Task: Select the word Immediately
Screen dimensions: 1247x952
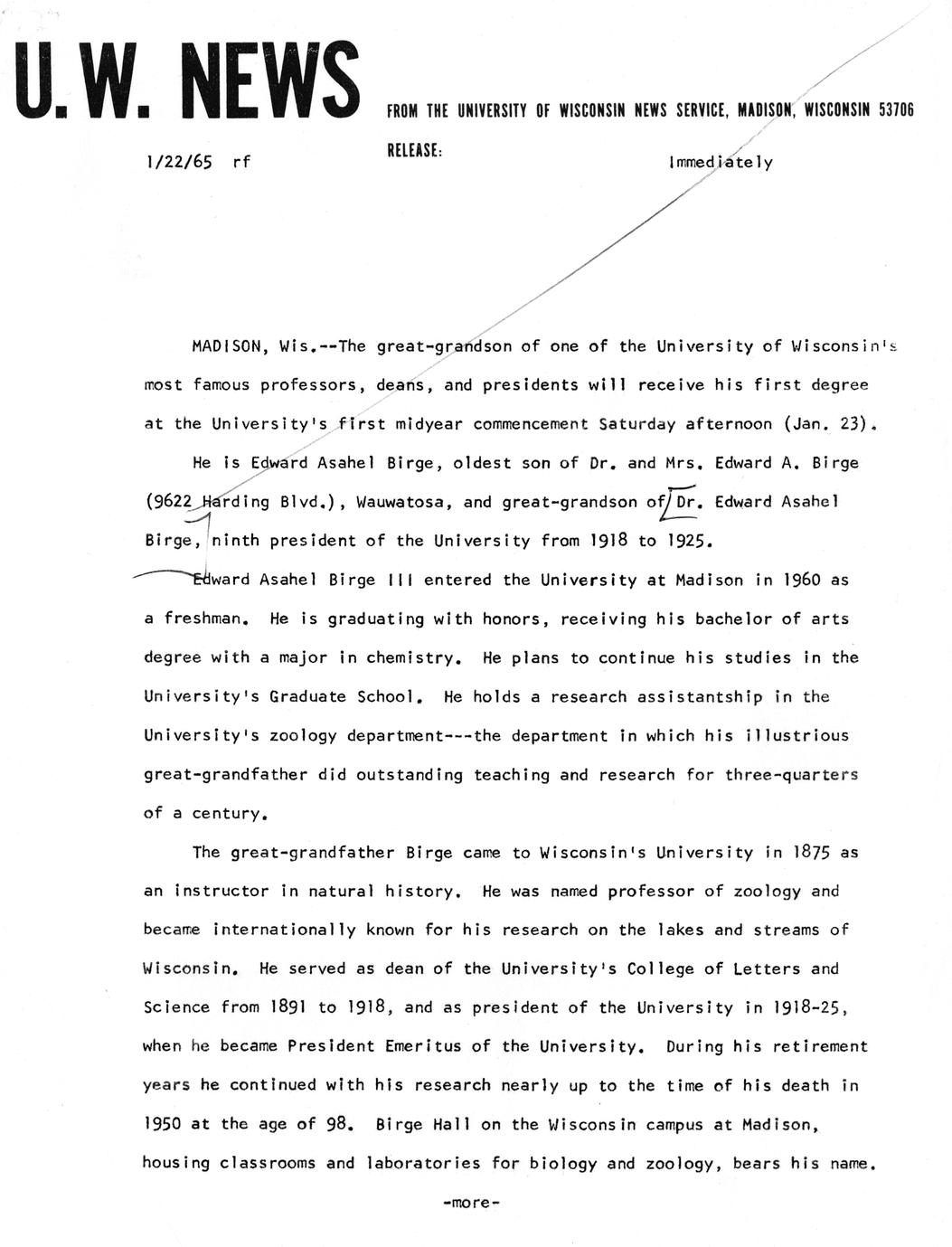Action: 721,163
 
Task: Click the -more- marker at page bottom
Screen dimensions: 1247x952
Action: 471,1204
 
